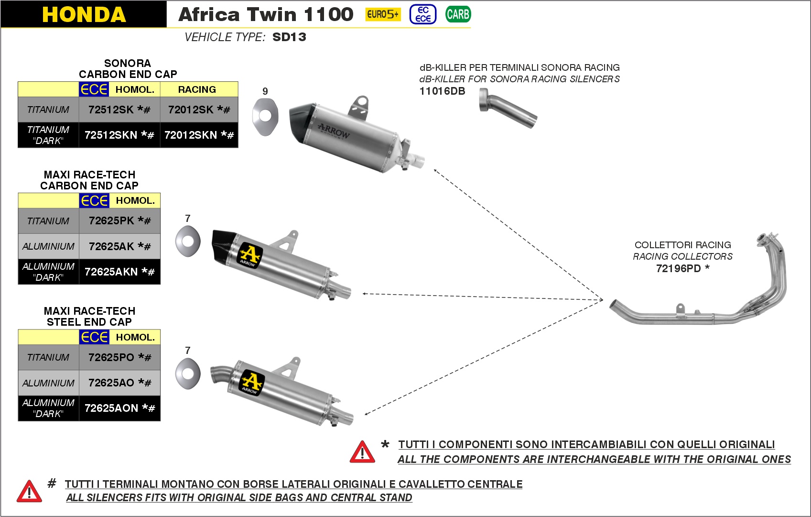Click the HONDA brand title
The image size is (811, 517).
(x=84, y=14)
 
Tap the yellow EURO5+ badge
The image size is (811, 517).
(x=382, y=14)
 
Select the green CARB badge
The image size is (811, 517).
(x=458, y=14)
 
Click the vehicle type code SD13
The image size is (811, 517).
(x=289, y=37)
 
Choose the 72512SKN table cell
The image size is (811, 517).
(x=119, y=135)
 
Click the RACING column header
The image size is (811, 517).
(x=197, y=89)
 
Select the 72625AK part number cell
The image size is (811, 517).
(x=119, y=246)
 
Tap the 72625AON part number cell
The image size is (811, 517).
(x=119, y=408)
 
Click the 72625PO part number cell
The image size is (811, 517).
(x=119, y=357)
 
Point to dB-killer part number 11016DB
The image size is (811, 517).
(x=442, y=91)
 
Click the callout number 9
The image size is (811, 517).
(x=265, y=91)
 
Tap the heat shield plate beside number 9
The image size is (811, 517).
(x=265, y=117)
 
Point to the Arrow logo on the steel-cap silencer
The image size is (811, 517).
(x=250, y=382)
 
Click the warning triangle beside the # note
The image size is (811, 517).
(x=29, y=491)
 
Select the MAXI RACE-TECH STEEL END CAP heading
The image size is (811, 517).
(x=89, y=317)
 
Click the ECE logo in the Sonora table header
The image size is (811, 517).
(x=94, y=89)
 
